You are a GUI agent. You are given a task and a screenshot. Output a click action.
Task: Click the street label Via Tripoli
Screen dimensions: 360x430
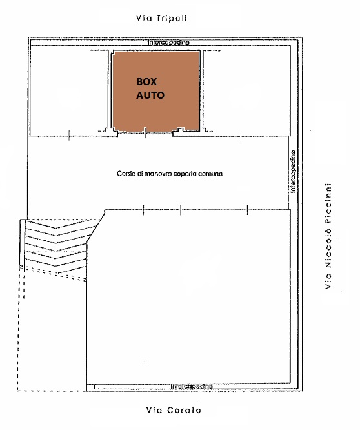coord(162,18)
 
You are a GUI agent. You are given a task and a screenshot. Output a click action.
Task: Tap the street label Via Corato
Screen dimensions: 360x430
coord(174,410)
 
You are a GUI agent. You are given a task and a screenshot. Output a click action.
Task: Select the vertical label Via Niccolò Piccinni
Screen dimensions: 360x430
coord(328,236)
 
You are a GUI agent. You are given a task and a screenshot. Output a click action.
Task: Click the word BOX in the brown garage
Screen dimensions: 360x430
coord(146,82)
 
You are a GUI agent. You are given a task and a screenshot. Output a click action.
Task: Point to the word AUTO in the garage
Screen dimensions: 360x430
coord(150,95)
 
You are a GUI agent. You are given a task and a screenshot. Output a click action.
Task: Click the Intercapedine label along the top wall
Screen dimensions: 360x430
coord(168,43)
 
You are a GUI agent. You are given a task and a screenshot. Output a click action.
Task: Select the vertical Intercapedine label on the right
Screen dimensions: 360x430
coord(293,171)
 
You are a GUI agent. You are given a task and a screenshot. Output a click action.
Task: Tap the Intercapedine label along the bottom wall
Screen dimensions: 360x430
coord(192,386)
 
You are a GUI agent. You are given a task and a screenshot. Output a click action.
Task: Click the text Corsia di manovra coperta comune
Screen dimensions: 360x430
coord(169,174)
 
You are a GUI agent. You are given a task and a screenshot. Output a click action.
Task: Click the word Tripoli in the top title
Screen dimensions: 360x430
coord(172,18)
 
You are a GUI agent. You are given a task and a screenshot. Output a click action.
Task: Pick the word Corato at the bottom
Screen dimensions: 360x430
coord(184,410)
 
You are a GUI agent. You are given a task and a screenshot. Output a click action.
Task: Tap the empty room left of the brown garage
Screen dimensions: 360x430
coord(68,90)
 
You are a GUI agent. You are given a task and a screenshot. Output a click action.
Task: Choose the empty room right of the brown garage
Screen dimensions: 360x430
coord(246,90)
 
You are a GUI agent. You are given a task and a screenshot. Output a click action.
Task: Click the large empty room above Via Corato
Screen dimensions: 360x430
coord(188,296)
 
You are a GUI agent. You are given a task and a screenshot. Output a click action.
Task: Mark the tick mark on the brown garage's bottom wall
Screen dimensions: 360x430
coord(145,133)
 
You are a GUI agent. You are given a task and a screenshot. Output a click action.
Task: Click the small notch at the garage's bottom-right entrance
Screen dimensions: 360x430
coord(180,129)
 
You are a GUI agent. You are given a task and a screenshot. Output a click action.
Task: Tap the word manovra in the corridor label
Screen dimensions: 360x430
coord(154,174)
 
